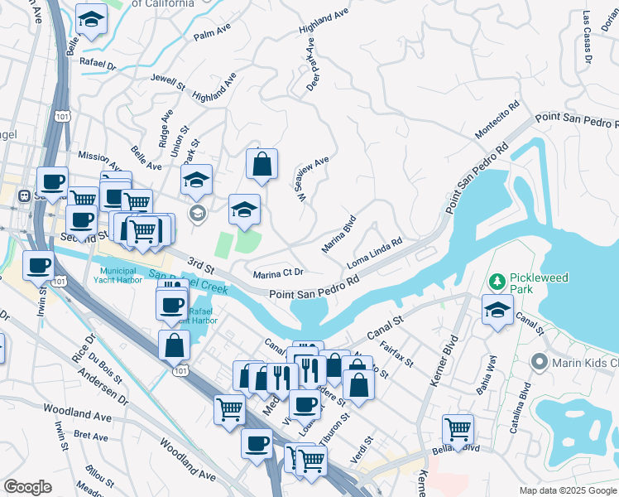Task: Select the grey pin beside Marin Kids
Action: (540, 361)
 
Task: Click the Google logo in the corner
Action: (27, 487)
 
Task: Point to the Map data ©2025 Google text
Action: (567, 490)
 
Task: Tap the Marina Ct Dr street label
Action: (279, 273)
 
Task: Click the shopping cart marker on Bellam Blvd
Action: (458, 429)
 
